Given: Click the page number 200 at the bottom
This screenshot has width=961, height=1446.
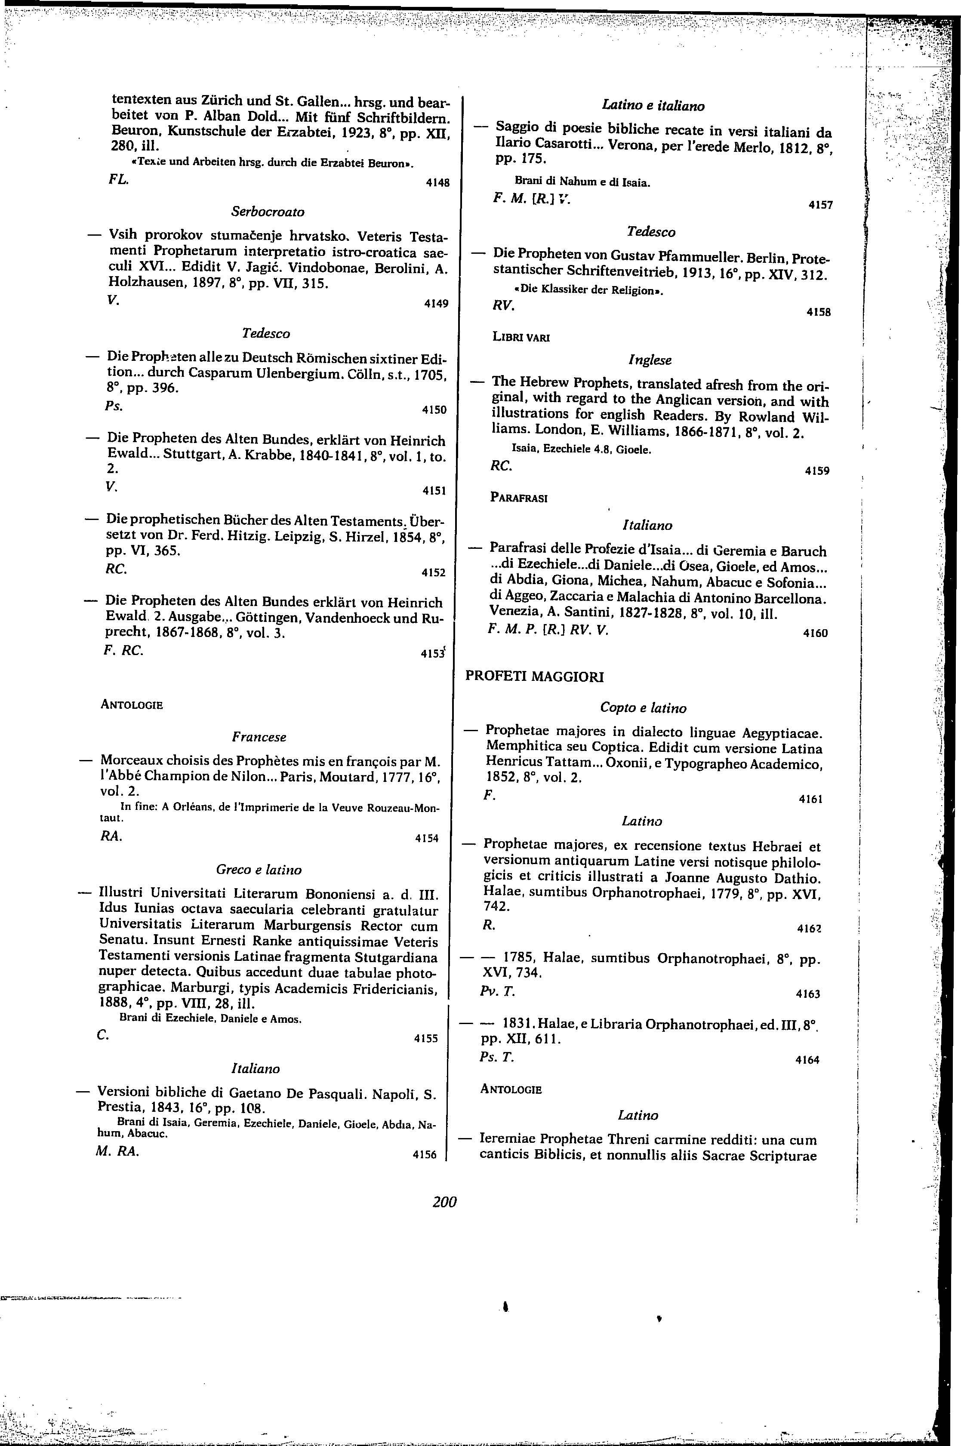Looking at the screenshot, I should point(444,1202).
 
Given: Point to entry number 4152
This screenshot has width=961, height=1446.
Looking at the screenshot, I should point(434,573).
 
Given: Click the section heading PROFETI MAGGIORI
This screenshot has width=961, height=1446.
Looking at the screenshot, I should point(534,677).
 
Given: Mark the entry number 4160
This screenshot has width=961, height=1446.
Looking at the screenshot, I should point(815,633).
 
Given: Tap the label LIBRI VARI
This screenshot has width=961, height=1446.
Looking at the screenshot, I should point(521,337).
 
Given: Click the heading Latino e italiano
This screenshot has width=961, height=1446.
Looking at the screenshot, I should point(653,106).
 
